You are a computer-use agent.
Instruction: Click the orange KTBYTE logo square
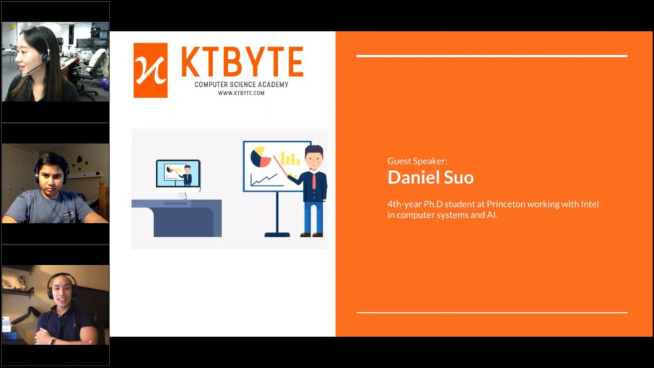(151, 70)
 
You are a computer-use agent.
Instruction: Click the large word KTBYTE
(242, 62)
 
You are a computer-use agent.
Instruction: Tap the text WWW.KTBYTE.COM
(241, 93)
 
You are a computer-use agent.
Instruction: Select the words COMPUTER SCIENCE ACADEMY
(241, 84)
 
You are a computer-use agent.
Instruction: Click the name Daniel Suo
(430, 178)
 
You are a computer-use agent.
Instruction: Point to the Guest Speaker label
(417, 161)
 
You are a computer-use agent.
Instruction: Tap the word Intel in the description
(589, 204)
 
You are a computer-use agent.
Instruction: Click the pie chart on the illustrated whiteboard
(261, 157)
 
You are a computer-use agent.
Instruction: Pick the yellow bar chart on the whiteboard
(291, 158)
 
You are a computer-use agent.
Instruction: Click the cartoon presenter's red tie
(314, 180)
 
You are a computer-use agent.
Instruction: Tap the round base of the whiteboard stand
(277, 234)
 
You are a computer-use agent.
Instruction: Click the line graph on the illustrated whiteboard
(264, 180)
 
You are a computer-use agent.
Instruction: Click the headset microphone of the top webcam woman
(33, 70)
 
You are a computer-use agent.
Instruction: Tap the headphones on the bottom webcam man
(61, 285)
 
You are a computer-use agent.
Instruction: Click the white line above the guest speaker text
(492, 56)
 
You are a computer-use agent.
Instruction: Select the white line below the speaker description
(492, 312)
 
